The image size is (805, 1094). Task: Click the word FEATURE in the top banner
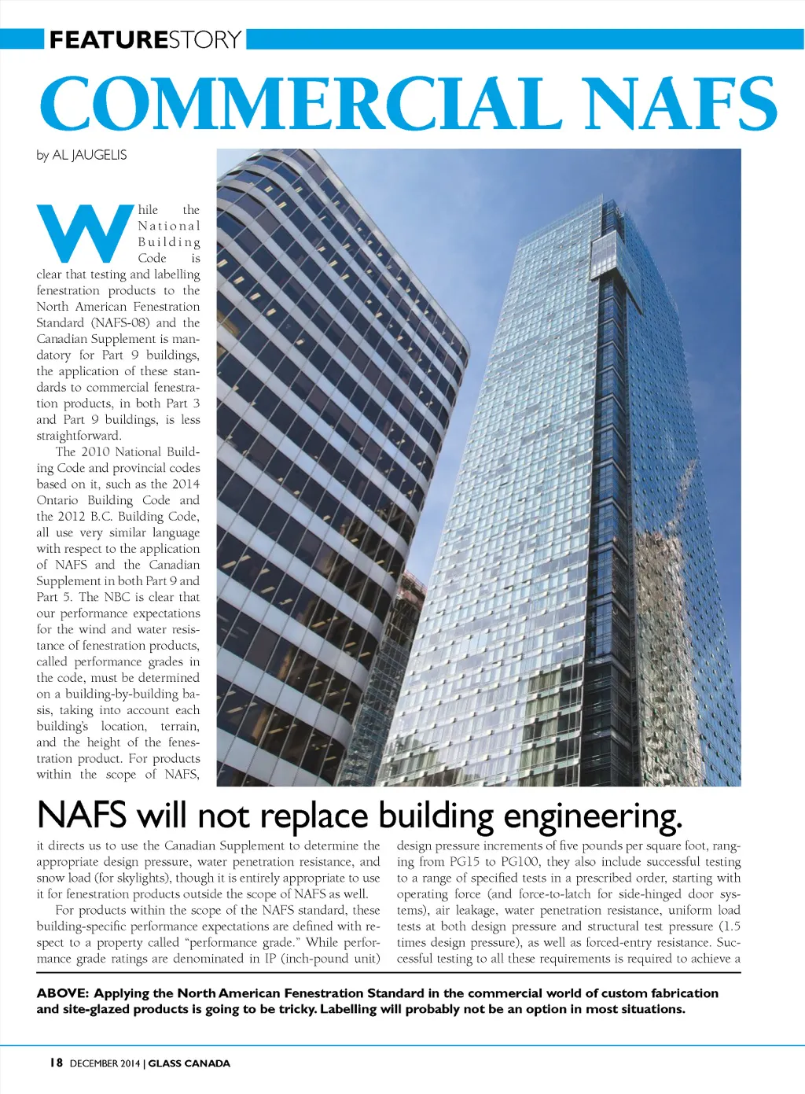click(108, 39)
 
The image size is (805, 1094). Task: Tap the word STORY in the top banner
click(204, 39)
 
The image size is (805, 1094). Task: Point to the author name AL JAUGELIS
click(89, 155)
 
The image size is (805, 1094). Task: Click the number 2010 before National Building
click(96, 451)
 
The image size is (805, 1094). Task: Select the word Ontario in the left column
click(57, 500)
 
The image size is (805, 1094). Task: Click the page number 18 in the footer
click(55, 1063)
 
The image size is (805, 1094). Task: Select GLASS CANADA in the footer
click(189, 1063)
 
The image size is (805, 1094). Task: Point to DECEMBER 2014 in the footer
click(105, 1063)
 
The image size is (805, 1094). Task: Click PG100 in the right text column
click(520, 862)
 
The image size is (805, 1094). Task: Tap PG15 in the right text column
click(465, 862)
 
